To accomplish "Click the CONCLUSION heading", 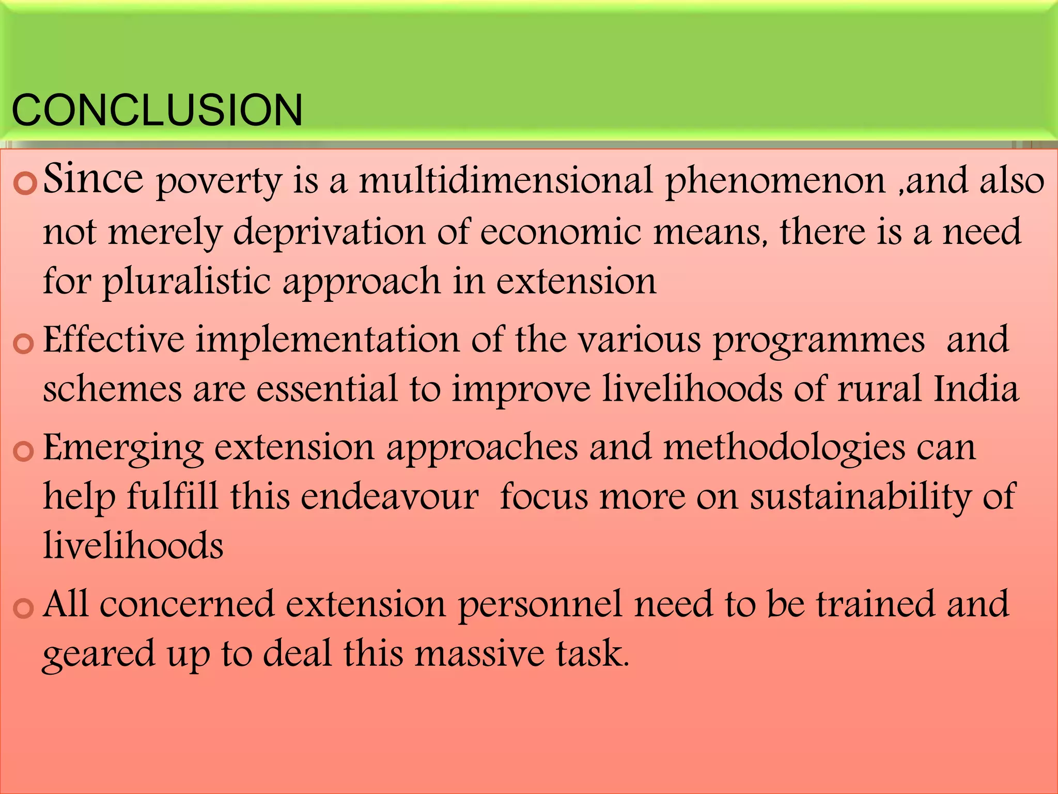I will pos(157,110).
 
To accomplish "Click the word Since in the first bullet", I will pos(93,178).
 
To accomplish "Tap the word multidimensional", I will pos(506,180).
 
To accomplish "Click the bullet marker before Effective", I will pos(23,344).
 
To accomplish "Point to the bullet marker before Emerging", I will pos(23,451).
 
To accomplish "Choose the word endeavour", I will pos(390,497).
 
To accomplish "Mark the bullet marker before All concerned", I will pos(23,608).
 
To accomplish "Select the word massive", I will pos(480,653).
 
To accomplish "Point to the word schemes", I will pos(112,389).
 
